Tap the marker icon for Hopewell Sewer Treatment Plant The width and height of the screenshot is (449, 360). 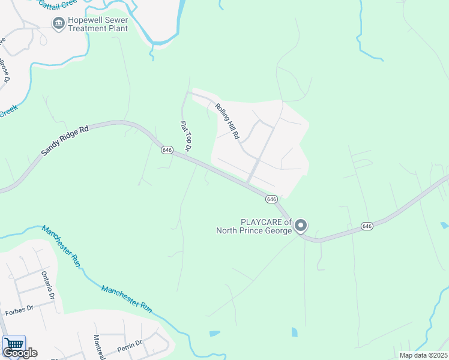[59, 23]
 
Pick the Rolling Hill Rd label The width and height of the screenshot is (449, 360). [228, 120]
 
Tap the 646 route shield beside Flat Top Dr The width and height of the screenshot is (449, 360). [167, 149]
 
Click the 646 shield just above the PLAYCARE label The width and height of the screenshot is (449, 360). [271, 199]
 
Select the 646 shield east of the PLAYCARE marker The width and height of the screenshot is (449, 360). [367, 226]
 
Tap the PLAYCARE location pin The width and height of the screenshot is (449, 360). [301, 226]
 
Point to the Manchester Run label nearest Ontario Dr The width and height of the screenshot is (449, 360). [61, 245]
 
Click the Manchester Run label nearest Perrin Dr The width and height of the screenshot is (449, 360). [127, 298]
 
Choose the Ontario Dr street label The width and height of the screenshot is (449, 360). [48, 285]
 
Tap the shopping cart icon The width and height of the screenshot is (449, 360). [13, 344]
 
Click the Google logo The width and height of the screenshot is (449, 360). [20, 353]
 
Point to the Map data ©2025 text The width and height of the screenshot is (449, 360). [423, 355]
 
